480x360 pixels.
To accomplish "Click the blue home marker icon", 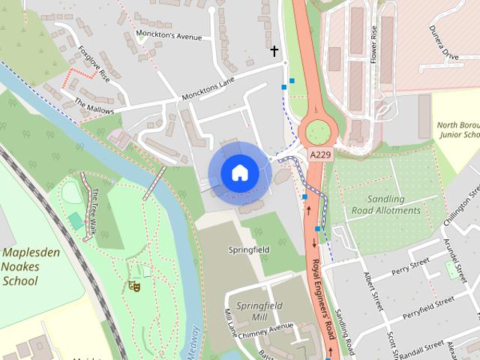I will [238, 173].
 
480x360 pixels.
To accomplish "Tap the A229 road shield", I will [320, 154].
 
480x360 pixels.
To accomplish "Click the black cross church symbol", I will [274, 51].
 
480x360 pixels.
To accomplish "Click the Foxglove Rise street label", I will [94, 64].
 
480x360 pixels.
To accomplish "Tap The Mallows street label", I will [94, 105].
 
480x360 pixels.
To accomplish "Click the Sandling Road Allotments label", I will [386, 205].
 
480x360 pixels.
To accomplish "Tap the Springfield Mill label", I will [259, 311].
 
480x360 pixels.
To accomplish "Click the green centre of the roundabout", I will [317, 132].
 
